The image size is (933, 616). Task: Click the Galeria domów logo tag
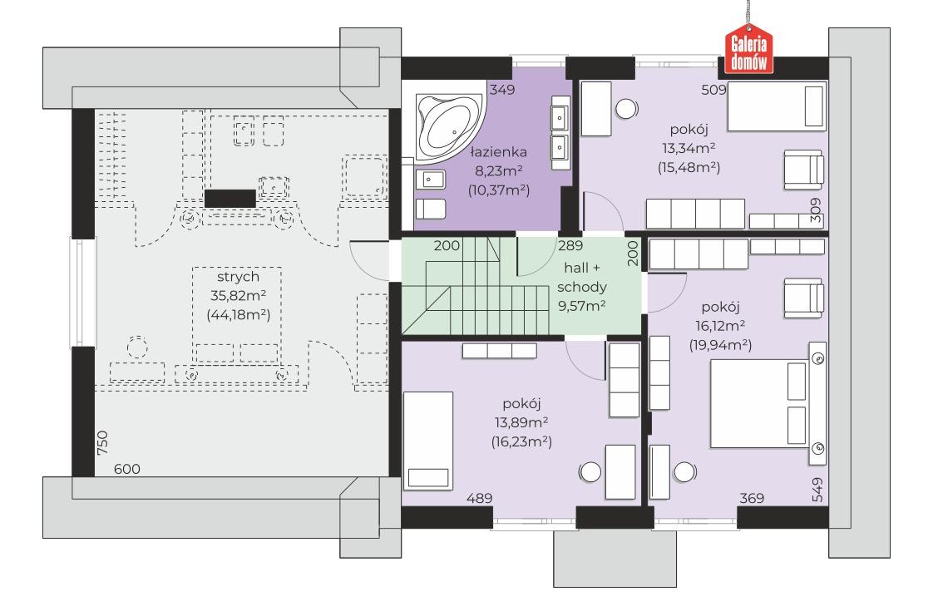[748, 50]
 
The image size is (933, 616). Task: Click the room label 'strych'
[238, 277]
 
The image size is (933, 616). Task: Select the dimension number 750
[102, 443]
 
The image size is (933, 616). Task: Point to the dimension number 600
[126, 469]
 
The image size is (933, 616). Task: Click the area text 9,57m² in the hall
[581, 306]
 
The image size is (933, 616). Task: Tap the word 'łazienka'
[499, 152]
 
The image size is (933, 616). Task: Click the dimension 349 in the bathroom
[501, 90]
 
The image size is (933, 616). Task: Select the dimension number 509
[714, 90]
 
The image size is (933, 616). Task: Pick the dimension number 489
[479, 498]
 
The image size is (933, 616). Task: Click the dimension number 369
[752, 498]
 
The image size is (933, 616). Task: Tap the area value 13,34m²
[689, 148]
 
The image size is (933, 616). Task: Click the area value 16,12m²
[720, 326]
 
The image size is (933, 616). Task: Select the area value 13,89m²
[521, 423]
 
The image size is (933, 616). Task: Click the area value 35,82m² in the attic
[238, 295]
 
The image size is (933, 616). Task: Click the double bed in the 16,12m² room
[760, 403]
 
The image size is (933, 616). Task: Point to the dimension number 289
[570, 245]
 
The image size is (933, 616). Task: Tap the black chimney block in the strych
[230, 199]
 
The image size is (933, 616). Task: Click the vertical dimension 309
[815, 210]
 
